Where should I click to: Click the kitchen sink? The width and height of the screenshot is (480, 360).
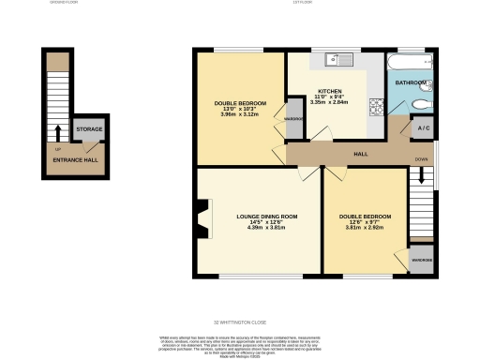tap(337, 61)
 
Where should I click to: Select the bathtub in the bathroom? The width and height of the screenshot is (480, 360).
tap(410, 62)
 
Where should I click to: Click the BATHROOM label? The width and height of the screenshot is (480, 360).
tap(410, 83)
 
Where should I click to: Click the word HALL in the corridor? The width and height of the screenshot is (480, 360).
tap(359, 154)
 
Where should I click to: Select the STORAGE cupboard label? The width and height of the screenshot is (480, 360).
tap(89, 129)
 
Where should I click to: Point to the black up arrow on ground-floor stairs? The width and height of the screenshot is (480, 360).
tap(58, 131)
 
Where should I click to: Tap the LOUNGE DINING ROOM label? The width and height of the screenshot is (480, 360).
tap(265, 217)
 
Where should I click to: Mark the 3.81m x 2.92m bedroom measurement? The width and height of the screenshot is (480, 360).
tap(365, 228)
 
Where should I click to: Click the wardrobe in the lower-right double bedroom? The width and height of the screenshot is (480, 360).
tap(421, 261)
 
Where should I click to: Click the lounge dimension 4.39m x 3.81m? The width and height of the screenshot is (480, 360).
tap(265, 228)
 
